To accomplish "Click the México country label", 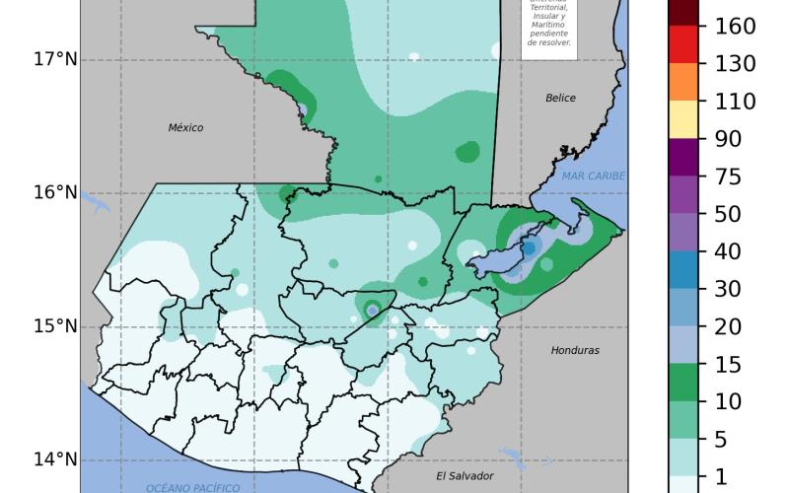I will [x=185, y=128].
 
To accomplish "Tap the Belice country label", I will [x=560, y=99].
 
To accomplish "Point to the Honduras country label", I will [x=575, y=351].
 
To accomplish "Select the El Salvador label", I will [x=465, y=476].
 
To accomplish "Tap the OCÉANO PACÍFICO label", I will [x=193, y=488].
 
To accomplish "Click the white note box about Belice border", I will [x=547, y=28].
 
